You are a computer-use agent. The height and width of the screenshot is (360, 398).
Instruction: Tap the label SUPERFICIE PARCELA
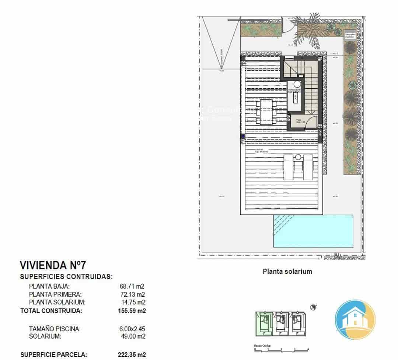coord(53,354)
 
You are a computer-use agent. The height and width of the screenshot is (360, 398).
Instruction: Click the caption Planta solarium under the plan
coord(287,272)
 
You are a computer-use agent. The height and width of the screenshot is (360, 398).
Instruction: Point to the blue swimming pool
coord(313,231)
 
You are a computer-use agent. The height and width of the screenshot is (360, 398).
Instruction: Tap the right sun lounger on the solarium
coord(308,166)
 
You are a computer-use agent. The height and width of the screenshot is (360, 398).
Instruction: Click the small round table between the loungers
coord(298,157)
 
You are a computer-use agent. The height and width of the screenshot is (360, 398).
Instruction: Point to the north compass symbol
coord(314,307)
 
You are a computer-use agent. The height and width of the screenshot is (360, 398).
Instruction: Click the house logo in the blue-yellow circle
coord(355,319)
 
